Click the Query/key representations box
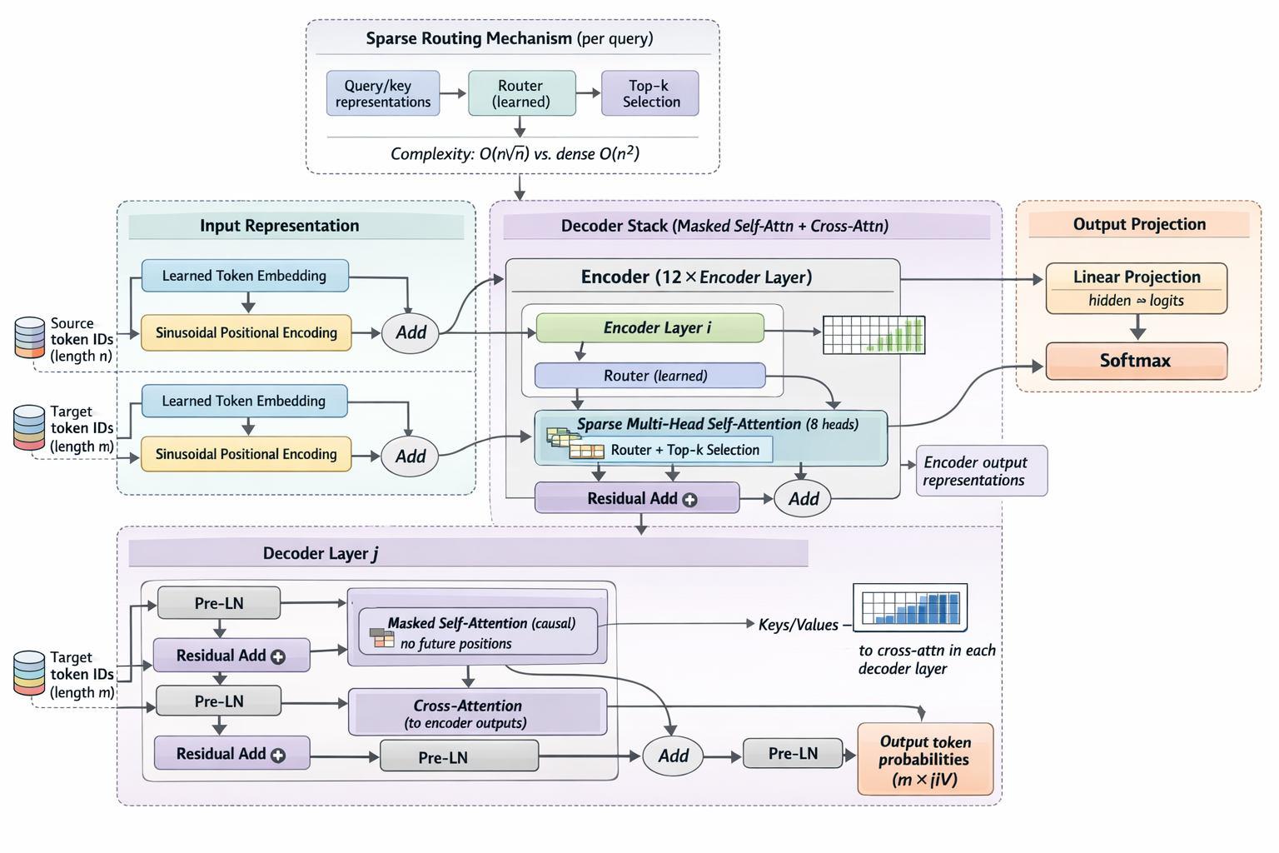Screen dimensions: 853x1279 coord(383,93)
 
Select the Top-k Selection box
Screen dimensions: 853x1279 coord(650,93)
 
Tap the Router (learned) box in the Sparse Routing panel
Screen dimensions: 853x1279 coord(521,93)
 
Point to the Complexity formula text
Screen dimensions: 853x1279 coord(515,154)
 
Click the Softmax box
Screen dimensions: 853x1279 coord(1136,361)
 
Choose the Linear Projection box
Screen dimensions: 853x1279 coord(1136,288)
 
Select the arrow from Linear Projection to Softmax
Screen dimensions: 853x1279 coord(1137,327)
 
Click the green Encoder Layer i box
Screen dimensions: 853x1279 coord(650,328)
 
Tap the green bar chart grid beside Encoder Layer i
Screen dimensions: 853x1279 coord(873,335)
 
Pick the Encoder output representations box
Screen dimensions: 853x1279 coord(981,471)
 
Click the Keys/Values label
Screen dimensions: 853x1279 coord(798,625)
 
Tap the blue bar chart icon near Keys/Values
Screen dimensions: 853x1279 coord(910,606)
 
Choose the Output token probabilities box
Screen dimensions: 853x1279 coord(925,760)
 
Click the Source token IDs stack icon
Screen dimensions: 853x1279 coord(30,337)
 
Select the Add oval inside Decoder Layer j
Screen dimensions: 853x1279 coord(673,756)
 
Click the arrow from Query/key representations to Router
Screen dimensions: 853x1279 coord(453,93)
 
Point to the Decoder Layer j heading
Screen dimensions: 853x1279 coord(321,554)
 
